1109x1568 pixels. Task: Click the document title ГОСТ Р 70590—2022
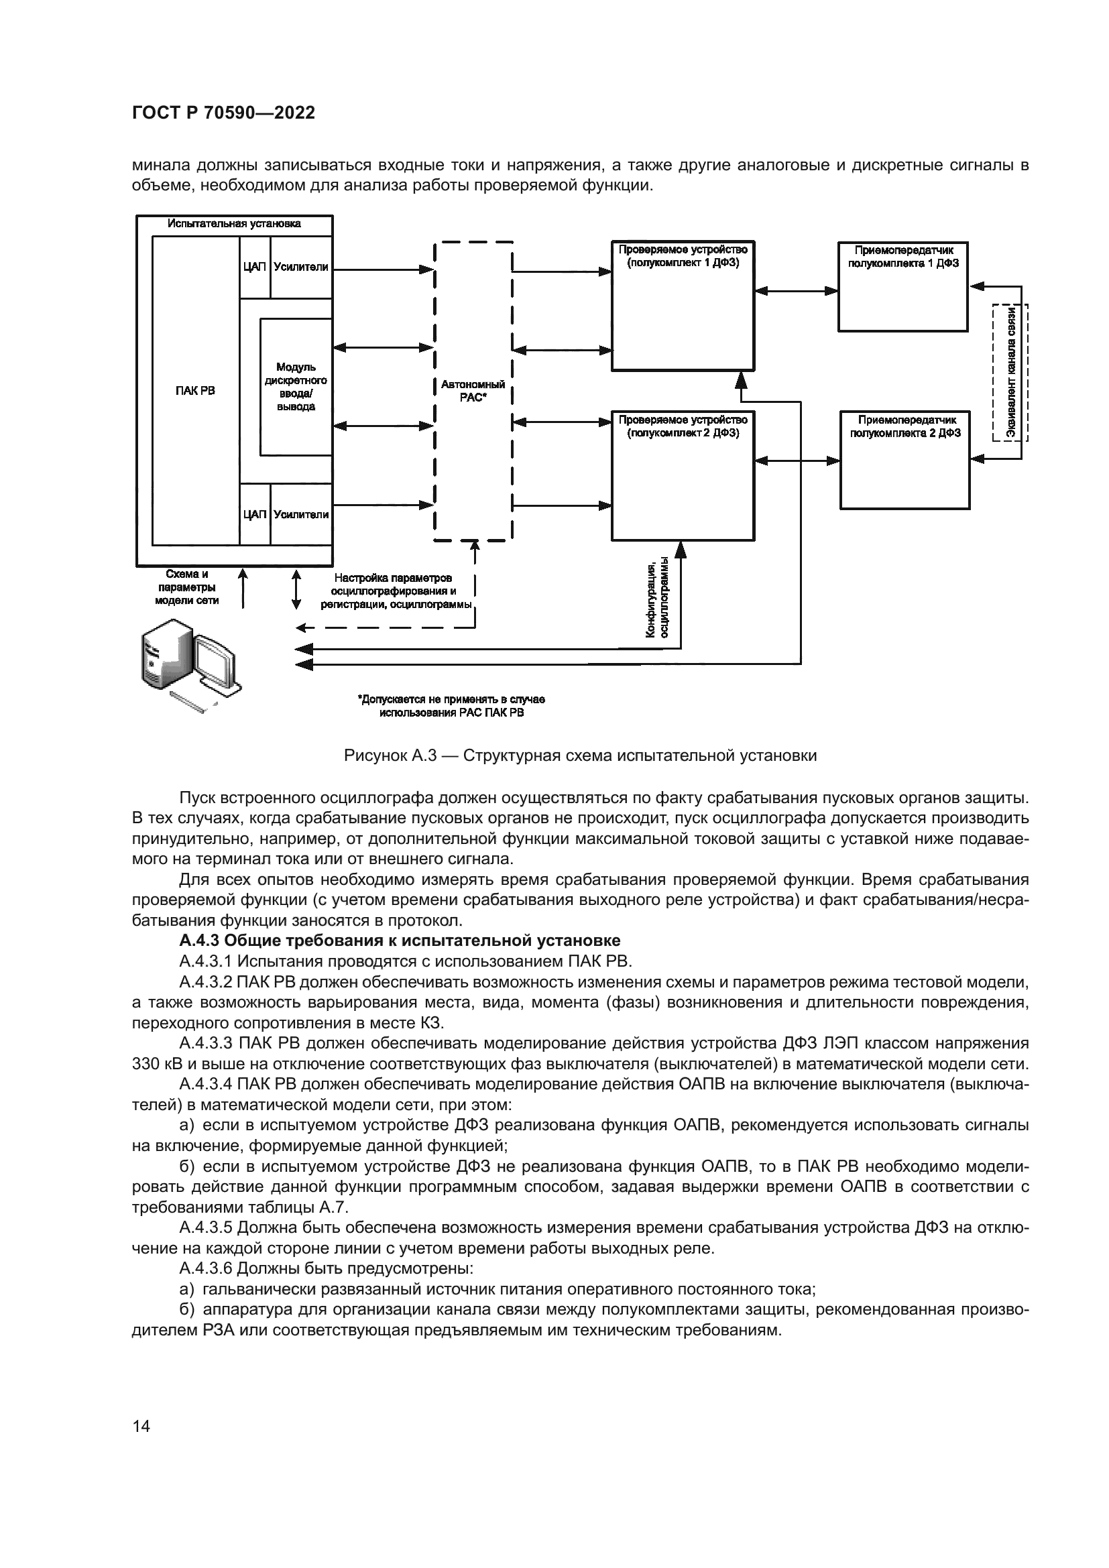pyautogui.click(x=223, y=113)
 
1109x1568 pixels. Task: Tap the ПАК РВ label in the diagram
pyautogui.click(x=195, y=391)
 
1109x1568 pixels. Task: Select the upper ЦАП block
pyautogui.click(x=255, y=267)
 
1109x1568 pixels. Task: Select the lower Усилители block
pyautogui.click(x=301, y=514)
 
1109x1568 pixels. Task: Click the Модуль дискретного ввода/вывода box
pyautogui.click(x=296, y=387)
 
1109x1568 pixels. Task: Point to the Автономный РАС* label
pyautogui.click(x=473, y=391)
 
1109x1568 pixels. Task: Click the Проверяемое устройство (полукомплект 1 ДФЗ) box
pyautogui.click(x=683, y=307)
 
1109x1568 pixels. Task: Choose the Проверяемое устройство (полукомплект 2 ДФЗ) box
pyautogui.click(x=683, y=478)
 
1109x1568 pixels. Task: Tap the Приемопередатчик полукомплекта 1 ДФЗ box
pyautogui.click(x=902, y=287)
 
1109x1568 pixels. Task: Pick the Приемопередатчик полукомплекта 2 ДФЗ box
pyautogui.click(x=904, y=461)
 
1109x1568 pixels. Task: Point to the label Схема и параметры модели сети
pyautogui.click(x=186, y=587)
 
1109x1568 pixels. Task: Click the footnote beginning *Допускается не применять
pyautogui.click(x=451, y=706)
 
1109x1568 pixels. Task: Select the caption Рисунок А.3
pyautogui.click(x=580, y=756)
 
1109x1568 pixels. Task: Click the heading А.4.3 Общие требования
pyautogui.click(x=400, y=941)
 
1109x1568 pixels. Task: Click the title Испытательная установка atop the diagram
pyautogui.click(x=234, y=223)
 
